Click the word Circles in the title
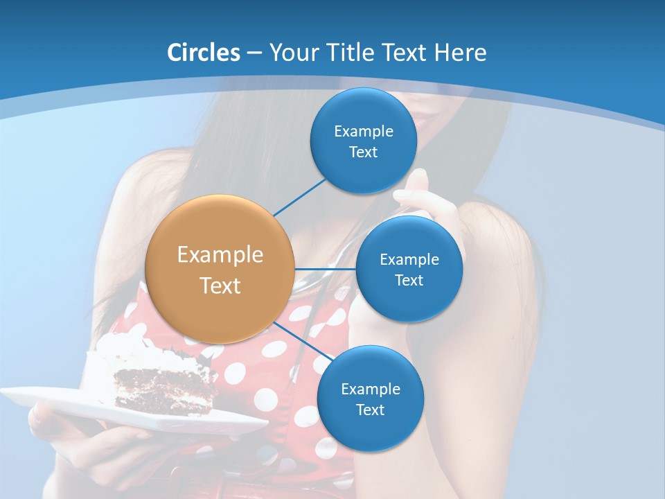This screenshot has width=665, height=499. tap(203, 53)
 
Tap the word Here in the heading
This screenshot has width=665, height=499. tap(460, 53)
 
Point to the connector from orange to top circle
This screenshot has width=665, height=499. tap(299, 197)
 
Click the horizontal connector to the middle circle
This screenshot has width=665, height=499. tap(326, 269)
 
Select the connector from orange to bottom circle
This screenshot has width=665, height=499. tap(303, 340)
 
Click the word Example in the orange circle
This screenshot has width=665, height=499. tap(220, 254)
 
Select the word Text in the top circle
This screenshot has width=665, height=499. tap(363, 152)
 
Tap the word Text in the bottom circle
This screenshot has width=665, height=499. tap(370, 410)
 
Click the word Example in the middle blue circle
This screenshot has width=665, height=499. tap(409, 260)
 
